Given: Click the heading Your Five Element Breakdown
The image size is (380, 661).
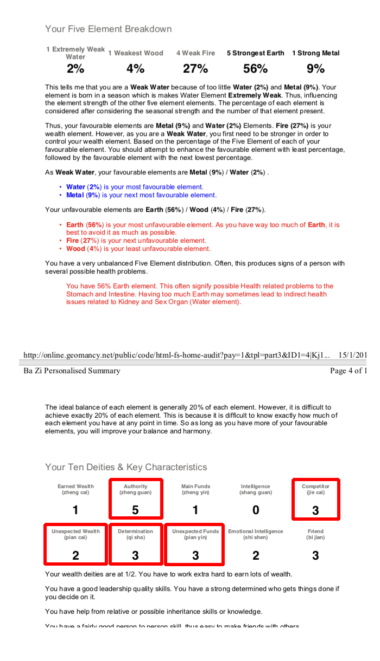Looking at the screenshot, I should click(108, 29).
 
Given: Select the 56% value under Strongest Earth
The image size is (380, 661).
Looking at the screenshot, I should click(255, 69).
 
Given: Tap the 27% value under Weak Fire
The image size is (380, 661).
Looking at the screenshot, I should click(195, 69).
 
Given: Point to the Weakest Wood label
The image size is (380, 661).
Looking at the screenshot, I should click(136, 53).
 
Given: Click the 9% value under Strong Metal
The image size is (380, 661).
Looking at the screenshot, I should click(315, 69).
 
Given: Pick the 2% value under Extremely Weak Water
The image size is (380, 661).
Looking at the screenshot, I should click(75, 69).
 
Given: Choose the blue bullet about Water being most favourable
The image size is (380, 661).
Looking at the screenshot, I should click(135, 187).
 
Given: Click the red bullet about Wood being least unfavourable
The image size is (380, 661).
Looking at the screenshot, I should click(138, 249).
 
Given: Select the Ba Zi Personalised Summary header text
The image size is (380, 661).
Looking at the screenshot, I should click(72, 371).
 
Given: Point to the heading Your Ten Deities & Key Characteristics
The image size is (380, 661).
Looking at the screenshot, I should click(126, 467).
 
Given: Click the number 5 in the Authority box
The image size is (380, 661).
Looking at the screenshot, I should click(135, 510).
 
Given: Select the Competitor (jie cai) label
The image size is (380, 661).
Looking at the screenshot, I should click(315, 489).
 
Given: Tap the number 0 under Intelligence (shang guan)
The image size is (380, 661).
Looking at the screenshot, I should click(256, 510).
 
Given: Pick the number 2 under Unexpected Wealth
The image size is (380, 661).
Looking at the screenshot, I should click(75, 555).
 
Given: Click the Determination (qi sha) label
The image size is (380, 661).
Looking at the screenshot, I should click(135, 534).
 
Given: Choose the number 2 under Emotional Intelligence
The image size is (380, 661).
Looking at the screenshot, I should click(256, 555).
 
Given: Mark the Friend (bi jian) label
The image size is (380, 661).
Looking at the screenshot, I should click(315, 534).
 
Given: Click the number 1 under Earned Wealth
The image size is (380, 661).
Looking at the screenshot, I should click(75, 510).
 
